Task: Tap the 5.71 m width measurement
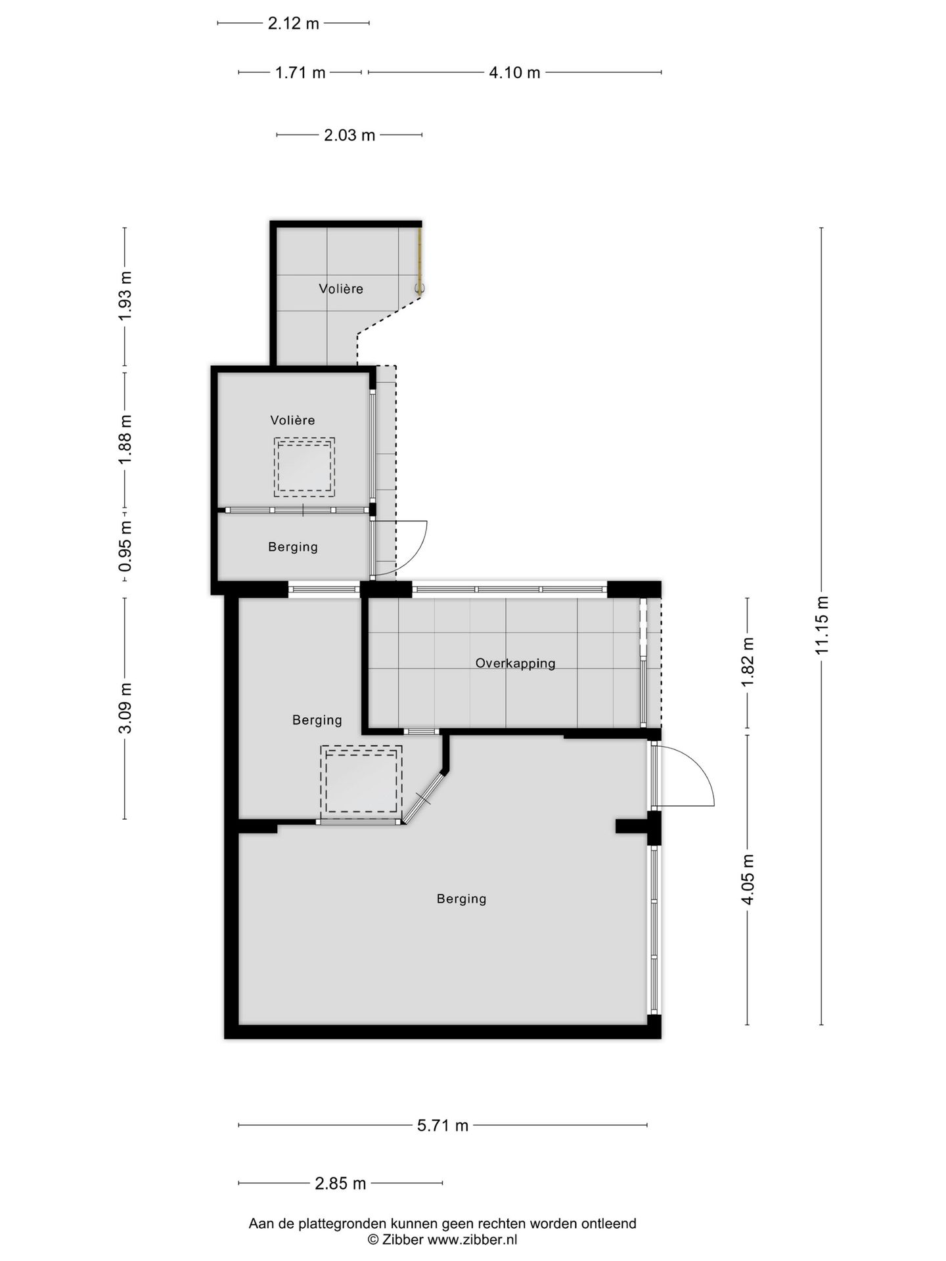coord(443,1125)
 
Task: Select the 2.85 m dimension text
coord(340,1184)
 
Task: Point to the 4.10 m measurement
coord(514,72)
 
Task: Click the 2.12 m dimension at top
coord(294,23)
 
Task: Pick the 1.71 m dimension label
coord(300,72)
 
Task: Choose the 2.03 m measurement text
coord(349,135)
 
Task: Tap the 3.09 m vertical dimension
coord(125,708)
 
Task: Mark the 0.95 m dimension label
coord(125,546)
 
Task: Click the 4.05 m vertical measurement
coord(748,879)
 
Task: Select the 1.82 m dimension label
coord(748,663)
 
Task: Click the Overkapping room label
coord(516,663)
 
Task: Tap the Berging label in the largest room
coord(462,898)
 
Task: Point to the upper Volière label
coord(341,288)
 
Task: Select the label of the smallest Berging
coord(293,546)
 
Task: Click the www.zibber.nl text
coord(472,1239)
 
